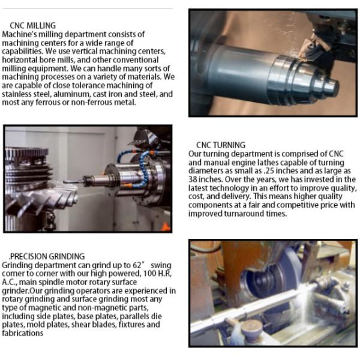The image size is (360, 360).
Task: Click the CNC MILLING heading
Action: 32,25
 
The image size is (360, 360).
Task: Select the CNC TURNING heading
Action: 221,145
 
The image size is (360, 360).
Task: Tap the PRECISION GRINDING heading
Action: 47,256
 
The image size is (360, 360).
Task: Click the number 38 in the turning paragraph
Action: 193,179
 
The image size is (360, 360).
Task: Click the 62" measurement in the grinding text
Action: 138,265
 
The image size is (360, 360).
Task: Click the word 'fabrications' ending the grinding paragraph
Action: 23,333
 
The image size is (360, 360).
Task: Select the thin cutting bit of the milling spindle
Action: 73,181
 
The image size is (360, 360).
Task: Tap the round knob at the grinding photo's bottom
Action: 251,327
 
